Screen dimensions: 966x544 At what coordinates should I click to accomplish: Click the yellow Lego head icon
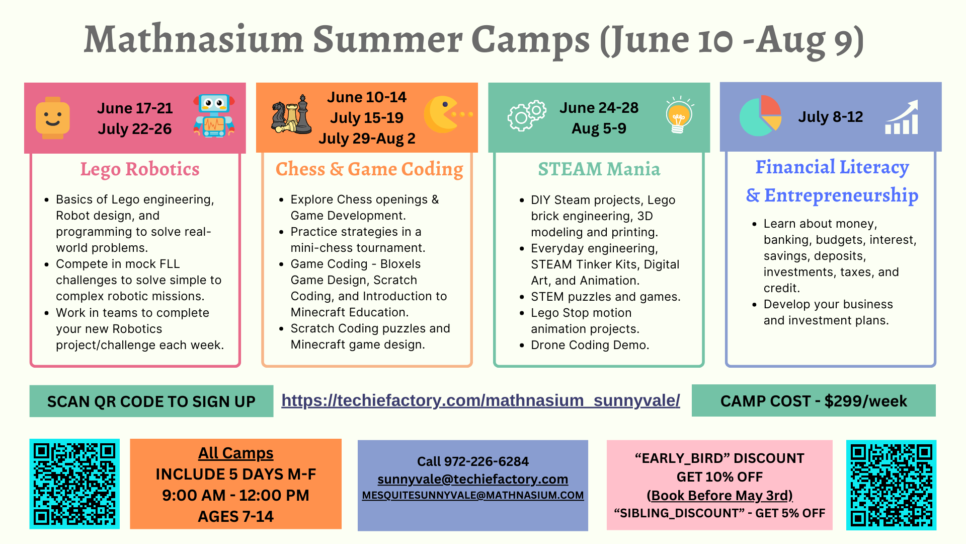[53, 118]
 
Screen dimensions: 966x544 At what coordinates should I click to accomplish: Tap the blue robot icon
[214, 116]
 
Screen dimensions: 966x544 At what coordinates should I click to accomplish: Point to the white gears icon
[527, 115]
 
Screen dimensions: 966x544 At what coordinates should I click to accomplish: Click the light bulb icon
[679, 115]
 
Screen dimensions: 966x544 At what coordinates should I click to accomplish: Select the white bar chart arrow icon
[902, 117]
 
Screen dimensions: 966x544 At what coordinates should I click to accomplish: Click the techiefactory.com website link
[480, 400]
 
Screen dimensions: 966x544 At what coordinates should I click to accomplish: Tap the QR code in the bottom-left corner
[74, 484]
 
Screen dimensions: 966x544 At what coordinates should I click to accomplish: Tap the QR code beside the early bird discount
[891, 485]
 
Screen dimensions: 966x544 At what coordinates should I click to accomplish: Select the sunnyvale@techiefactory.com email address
[472, 479]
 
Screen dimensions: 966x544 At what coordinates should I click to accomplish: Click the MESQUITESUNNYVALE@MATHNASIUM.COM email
[473, 495]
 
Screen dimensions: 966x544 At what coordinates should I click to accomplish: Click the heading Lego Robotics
[140, 169]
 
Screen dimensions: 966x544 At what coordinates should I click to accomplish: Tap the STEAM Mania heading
[599, 169]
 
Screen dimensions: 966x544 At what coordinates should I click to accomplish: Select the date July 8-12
[831, 117]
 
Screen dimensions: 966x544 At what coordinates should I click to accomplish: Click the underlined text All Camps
[235, 453]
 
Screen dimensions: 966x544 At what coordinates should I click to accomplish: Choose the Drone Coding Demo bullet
[590, 345]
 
